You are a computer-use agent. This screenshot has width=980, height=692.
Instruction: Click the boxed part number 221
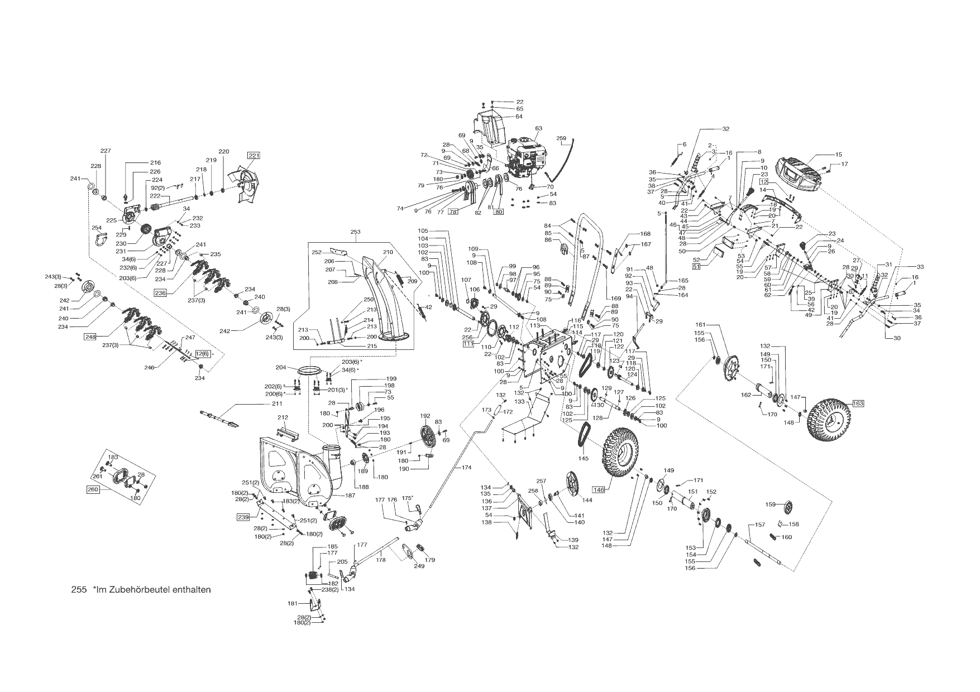254,155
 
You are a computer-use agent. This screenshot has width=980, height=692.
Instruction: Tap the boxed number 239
242,517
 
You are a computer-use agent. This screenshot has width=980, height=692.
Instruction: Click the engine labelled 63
525,156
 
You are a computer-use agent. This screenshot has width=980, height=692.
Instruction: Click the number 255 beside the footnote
79,589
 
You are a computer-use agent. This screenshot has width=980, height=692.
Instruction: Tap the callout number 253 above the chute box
356,232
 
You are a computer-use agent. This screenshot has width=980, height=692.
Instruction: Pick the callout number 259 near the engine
561,138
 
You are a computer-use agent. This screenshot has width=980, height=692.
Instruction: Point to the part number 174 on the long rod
466,467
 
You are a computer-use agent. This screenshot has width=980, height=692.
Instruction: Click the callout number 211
277,403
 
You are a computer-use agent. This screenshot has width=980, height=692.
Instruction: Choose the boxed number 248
90,337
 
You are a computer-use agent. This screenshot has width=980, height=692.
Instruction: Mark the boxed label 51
696,267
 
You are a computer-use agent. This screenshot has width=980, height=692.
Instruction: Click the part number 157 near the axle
760,525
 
